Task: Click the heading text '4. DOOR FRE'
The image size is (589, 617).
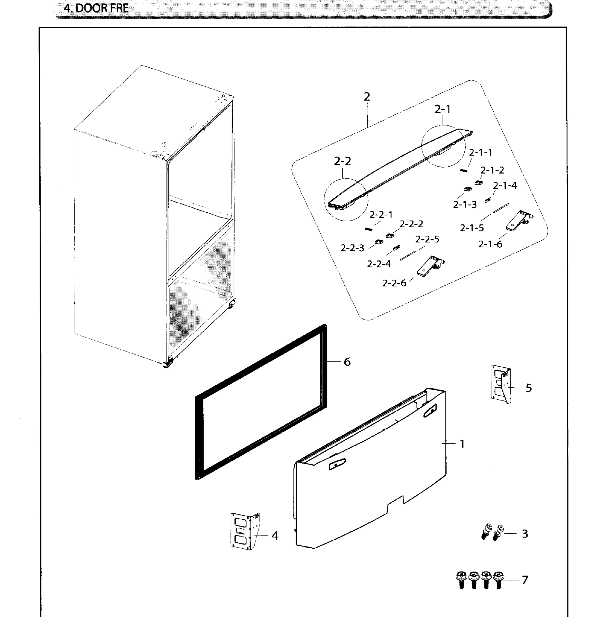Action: point(96,8)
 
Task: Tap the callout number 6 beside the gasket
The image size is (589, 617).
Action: point(347,362)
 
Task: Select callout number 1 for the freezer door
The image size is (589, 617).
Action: point(462,444)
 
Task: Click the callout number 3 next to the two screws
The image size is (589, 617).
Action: point(525,534)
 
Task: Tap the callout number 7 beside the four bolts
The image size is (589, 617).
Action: point(525,580)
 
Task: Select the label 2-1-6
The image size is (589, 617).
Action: point(490,244)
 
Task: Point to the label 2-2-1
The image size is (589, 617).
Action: point(381,215)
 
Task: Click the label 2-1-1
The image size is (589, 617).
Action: point(480,153)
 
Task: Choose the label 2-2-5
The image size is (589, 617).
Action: point(427,239)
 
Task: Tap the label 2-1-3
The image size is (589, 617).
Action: point(465,205)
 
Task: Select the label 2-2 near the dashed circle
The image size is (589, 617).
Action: point(342,161)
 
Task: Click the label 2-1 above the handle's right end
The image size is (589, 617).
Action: point(442,109)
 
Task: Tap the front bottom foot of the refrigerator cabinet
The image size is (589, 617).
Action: point(167,365)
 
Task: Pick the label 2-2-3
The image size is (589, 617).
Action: point(352,248)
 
